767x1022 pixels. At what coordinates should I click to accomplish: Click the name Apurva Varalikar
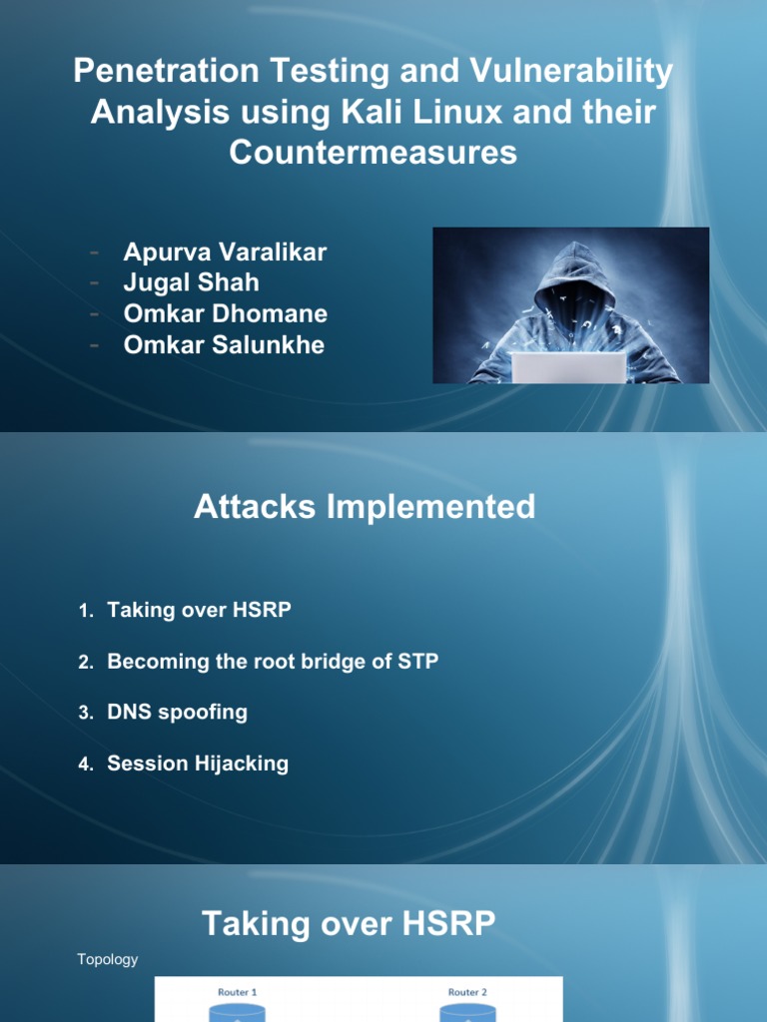(x=225, y=253)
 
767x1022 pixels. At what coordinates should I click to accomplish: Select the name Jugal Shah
(x=191, y=283)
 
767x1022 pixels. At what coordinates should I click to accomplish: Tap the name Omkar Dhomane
(x=225, y=313)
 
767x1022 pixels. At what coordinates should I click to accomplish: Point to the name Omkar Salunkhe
(x=224, y=345)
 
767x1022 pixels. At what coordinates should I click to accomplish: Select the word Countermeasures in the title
(x=374, y=152)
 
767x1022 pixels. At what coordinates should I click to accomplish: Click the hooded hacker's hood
(x=570, y=269)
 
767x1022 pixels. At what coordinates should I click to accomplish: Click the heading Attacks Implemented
(x=365, y=507)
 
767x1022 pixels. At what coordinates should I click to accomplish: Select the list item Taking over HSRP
(x=199, y=610)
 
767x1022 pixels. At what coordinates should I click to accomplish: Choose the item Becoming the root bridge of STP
(x=273, y=661)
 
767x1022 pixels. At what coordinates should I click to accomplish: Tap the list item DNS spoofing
(x=177, y=712)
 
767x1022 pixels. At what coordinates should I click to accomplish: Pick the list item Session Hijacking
(x=198, y=764)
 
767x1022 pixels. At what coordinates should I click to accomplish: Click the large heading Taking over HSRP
(x=349, y=923)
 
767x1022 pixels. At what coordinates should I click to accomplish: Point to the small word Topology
(x=108, y=959)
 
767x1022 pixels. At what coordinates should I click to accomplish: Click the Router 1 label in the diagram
(x=238, y=992)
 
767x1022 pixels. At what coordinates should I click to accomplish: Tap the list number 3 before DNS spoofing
(x=86, y=713)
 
